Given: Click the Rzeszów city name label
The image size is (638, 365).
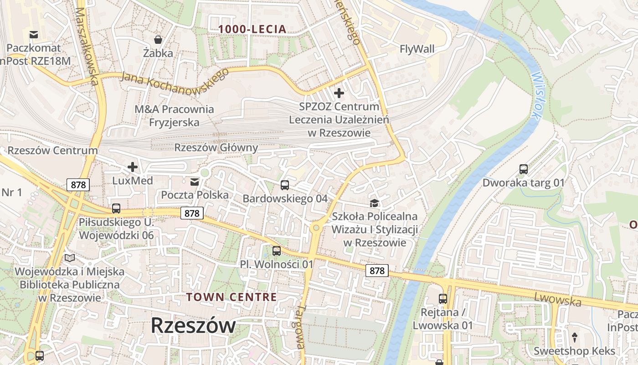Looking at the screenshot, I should pos(193,325).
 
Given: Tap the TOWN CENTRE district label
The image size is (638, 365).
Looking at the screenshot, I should pos(231,297).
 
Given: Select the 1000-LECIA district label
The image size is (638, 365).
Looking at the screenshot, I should pos(252,29).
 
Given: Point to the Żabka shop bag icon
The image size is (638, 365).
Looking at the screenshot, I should pos(158,40).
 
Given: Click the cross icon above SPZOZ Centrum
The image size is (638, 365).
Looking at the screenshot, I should pos(339,93).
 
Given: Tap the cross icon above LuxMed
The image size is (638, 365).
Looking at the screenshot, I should pos(133,167).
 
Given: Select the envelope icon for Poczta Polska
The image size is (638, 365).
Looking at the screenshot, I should pos(195,182).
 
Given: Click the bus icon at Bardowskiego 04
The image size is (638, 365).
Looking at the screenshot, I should pos(285,185).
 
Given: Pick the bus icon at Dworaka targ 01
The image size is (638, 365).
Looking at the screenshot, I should pos(524,169).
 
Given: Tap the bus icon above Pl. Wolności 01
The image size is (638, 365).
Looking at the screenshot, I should pos(277,250).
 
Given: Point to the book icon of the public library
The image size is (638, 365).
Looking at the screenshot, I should pos(70,258).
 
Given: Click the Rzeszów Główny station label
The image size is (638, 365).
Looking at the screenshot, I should pos(216,148).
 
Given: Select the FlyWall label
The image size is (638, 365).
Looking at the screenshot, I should pos(417,49).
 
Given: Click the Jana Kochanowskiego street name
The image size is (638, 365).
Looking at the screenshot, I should pos(175,78).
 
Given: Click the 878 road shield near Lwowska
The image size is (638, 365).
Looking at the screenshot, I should pos(377,271).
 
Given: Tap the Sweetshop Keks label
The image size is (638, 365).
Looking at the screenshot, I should pos(574,351).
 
